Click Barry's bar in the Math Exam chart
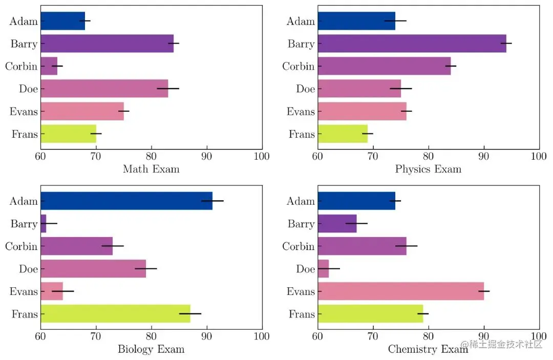click(107, 44)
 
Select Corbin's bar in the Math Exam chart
click(49, 66)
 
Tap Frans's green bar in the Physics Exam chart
click(343, 134)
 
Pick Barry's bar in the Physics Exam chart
click(412, 44)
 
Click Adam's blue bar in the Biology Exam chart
click(126, 201)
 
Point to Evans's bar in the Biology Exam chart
click(52, 291)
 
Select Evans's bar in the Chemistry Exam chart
click(400, 291)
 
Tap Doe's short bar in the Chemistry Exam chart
click(324, 268)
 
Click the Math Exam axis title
click(151, 169)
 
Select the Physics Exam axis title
click(428, 169)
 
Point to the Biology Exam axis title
click(151, 349)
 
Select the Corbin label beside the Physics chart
click(298, 67)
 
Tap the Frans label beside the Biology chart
click(25, 314)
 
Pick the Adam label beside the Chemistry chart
click(301, 201)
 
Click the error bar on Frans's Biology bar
click(190, 313)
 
